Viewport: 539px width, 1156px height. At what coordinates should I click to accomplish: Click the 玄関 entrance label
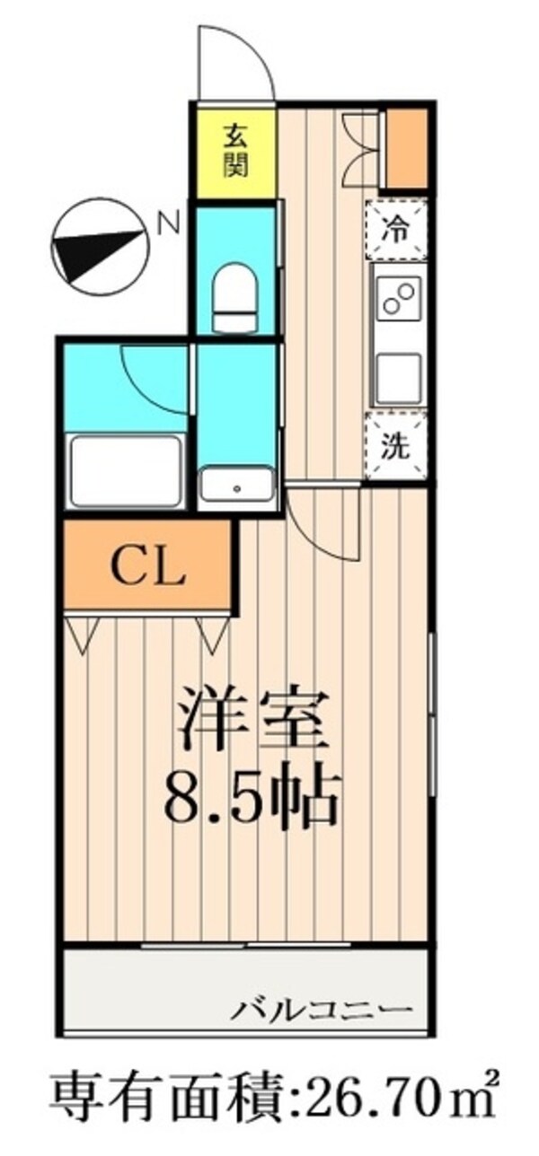(235, 151)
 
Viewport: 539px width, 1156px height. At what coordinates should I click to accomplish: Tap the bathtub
(125, 469)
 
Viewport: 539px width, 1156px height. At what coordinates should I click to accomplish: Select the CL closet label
(147, 566)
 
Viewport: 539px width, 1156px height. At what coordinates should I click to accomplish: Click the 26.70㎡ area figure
(395, 1114)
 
